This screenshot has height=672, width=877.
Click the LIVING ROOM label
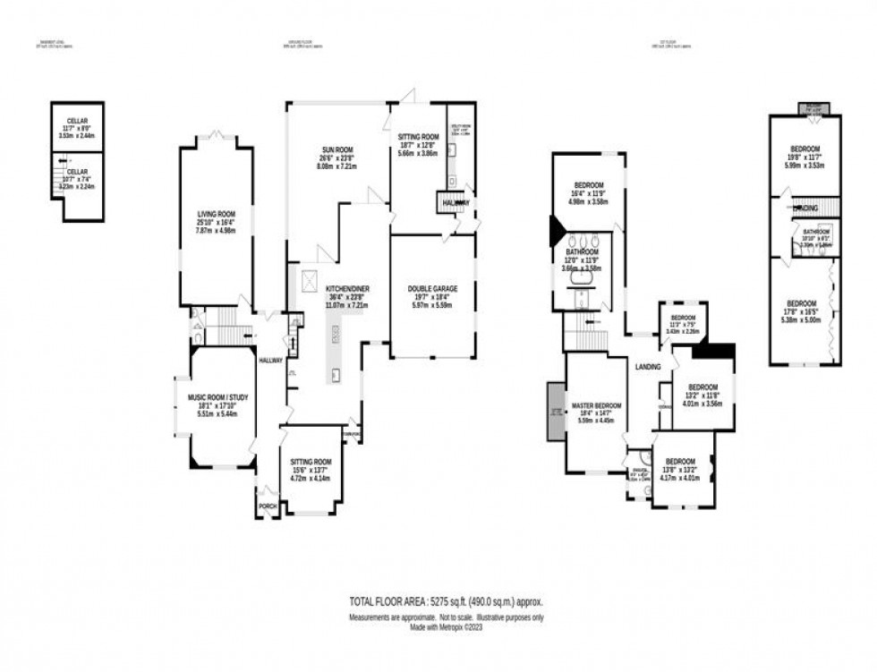click(215, 214)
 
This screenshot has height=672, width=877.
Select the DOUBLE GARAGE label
click(433, 288)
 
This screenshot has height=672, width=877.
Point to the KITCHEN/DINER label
click(348, 288)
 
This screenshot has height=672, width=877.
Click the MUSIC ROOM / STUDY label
click(213, 397)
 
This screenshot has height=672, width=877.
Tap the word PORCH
click(268, 505)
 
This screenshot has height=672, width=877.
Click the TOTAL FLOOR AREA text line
click(447, 602)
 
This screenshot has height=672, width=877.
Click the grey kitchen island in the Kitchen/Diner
click(335, 353)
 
